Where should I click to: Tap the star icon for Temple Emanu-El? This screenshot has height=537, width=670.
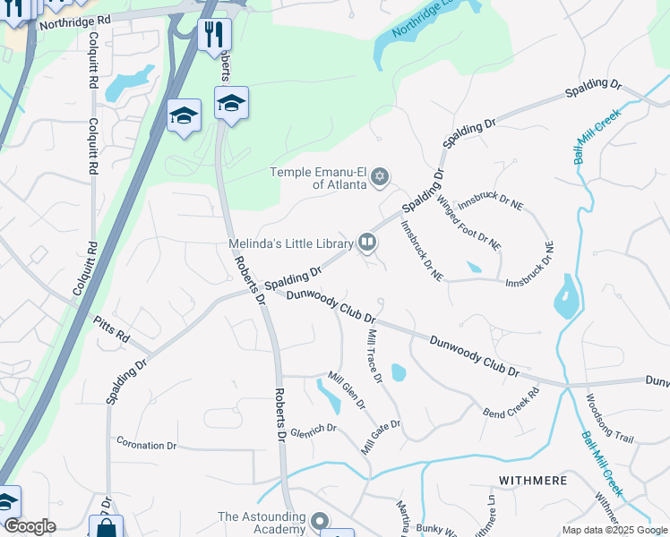point(380,175)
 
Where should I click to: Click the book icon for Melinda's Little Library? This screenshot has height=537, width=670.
point(366,242)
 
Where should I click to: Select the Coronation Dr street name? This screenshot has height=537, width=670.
point(147,445)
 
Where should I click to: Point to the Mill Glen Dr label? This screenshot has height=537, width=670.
point(347,390)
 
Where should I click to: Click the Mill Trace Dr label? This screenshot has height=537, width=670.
point(375,355)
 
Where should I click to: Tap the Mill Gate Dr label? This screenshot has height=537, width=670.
point(381,438)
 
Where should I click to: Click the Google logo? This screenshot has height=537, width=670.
point(30,526)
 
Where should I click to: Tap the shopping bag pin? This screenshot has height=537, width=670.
point(106,528)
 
